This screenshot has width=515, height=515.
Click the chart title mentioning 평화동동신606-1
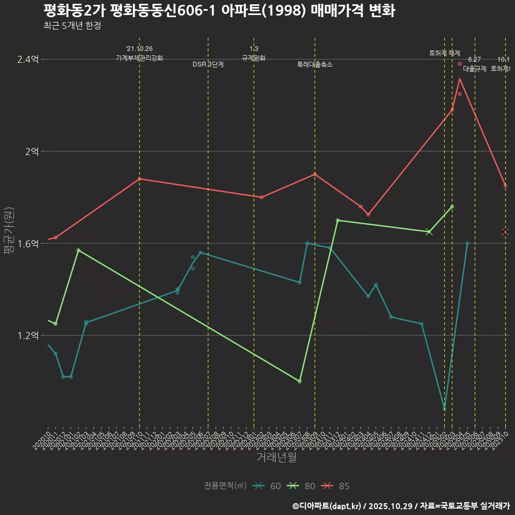click(x=219, y=11)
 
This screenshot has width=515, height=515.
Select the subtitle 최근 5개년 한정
click(x=72, y=26)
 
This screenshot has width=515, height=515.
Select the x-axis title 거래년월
click(x=276, y=457)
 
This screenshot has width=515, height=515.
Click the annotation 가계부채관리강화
click(x=139, y=58)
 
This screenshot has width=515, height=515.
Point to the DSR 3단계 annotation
click(x=208, y=64)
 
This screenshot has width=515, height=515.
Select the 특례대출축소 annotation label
click(x=315, y=64)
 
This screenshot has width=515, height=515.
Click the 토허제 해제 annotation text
click(x=444, y=53)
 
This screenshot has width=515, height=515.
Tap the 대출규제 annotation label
click(x=474, y=69)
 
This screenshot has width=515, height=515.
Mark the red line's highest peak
click(x=460, y=79)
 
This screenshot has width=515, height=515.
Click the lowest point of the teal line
click(x=444, y=409)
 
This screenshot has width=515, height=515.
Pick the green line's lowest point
click(x=299, y=381)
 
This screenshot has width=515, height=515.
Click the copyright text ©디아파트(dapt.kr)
click(x=327, y=506)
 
